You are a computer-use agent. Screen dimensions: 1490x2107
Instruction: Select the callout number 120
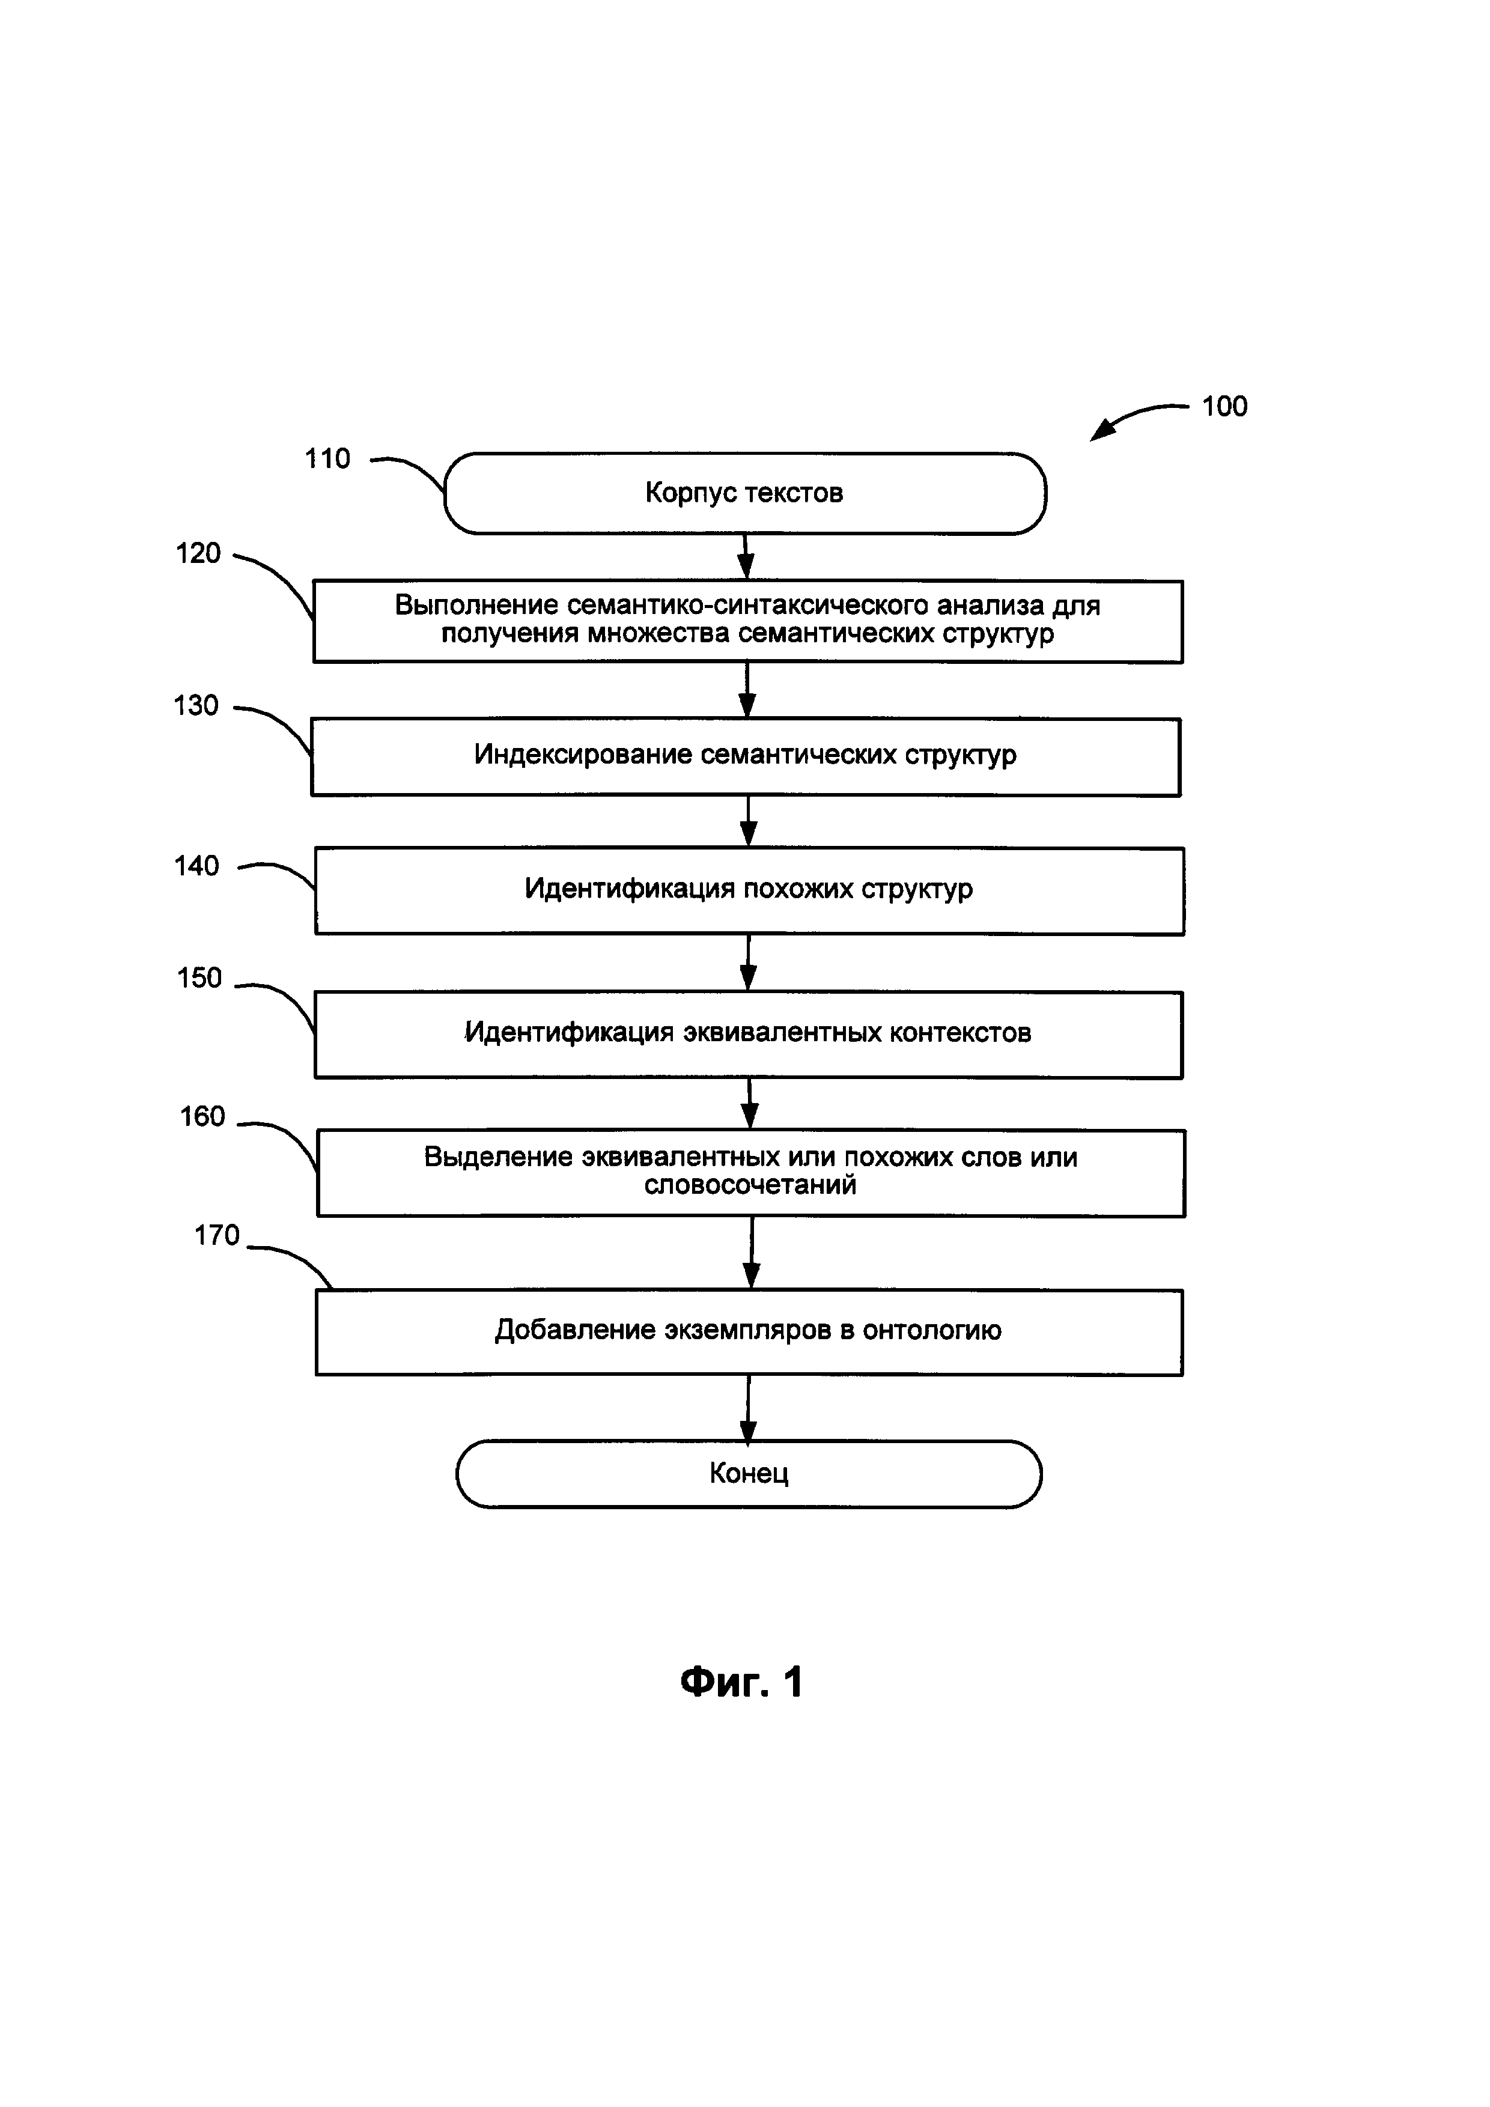tap(198, 553)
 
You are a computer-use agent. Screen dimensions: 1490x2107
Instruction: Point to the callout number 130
tap(196, 706)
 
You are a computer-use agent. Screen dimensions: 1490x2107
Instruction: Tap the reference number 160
tap(202, 1116)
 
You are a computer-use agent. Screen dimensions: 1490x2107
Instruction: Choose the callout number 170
tap(216, 1235)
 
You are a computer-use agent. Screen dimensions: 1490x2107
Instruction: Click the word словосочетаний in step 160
tap(750, 1185)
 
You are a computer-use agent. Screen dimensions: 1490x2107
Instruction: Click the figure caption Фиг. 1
tap(741, 1682)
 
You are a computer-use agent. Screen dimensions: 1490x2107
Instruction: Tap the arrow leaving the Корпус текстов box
tap(746, 557)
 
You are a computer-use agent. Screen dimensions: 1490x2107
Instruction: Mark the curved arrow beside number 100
tap(1138, 418)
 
